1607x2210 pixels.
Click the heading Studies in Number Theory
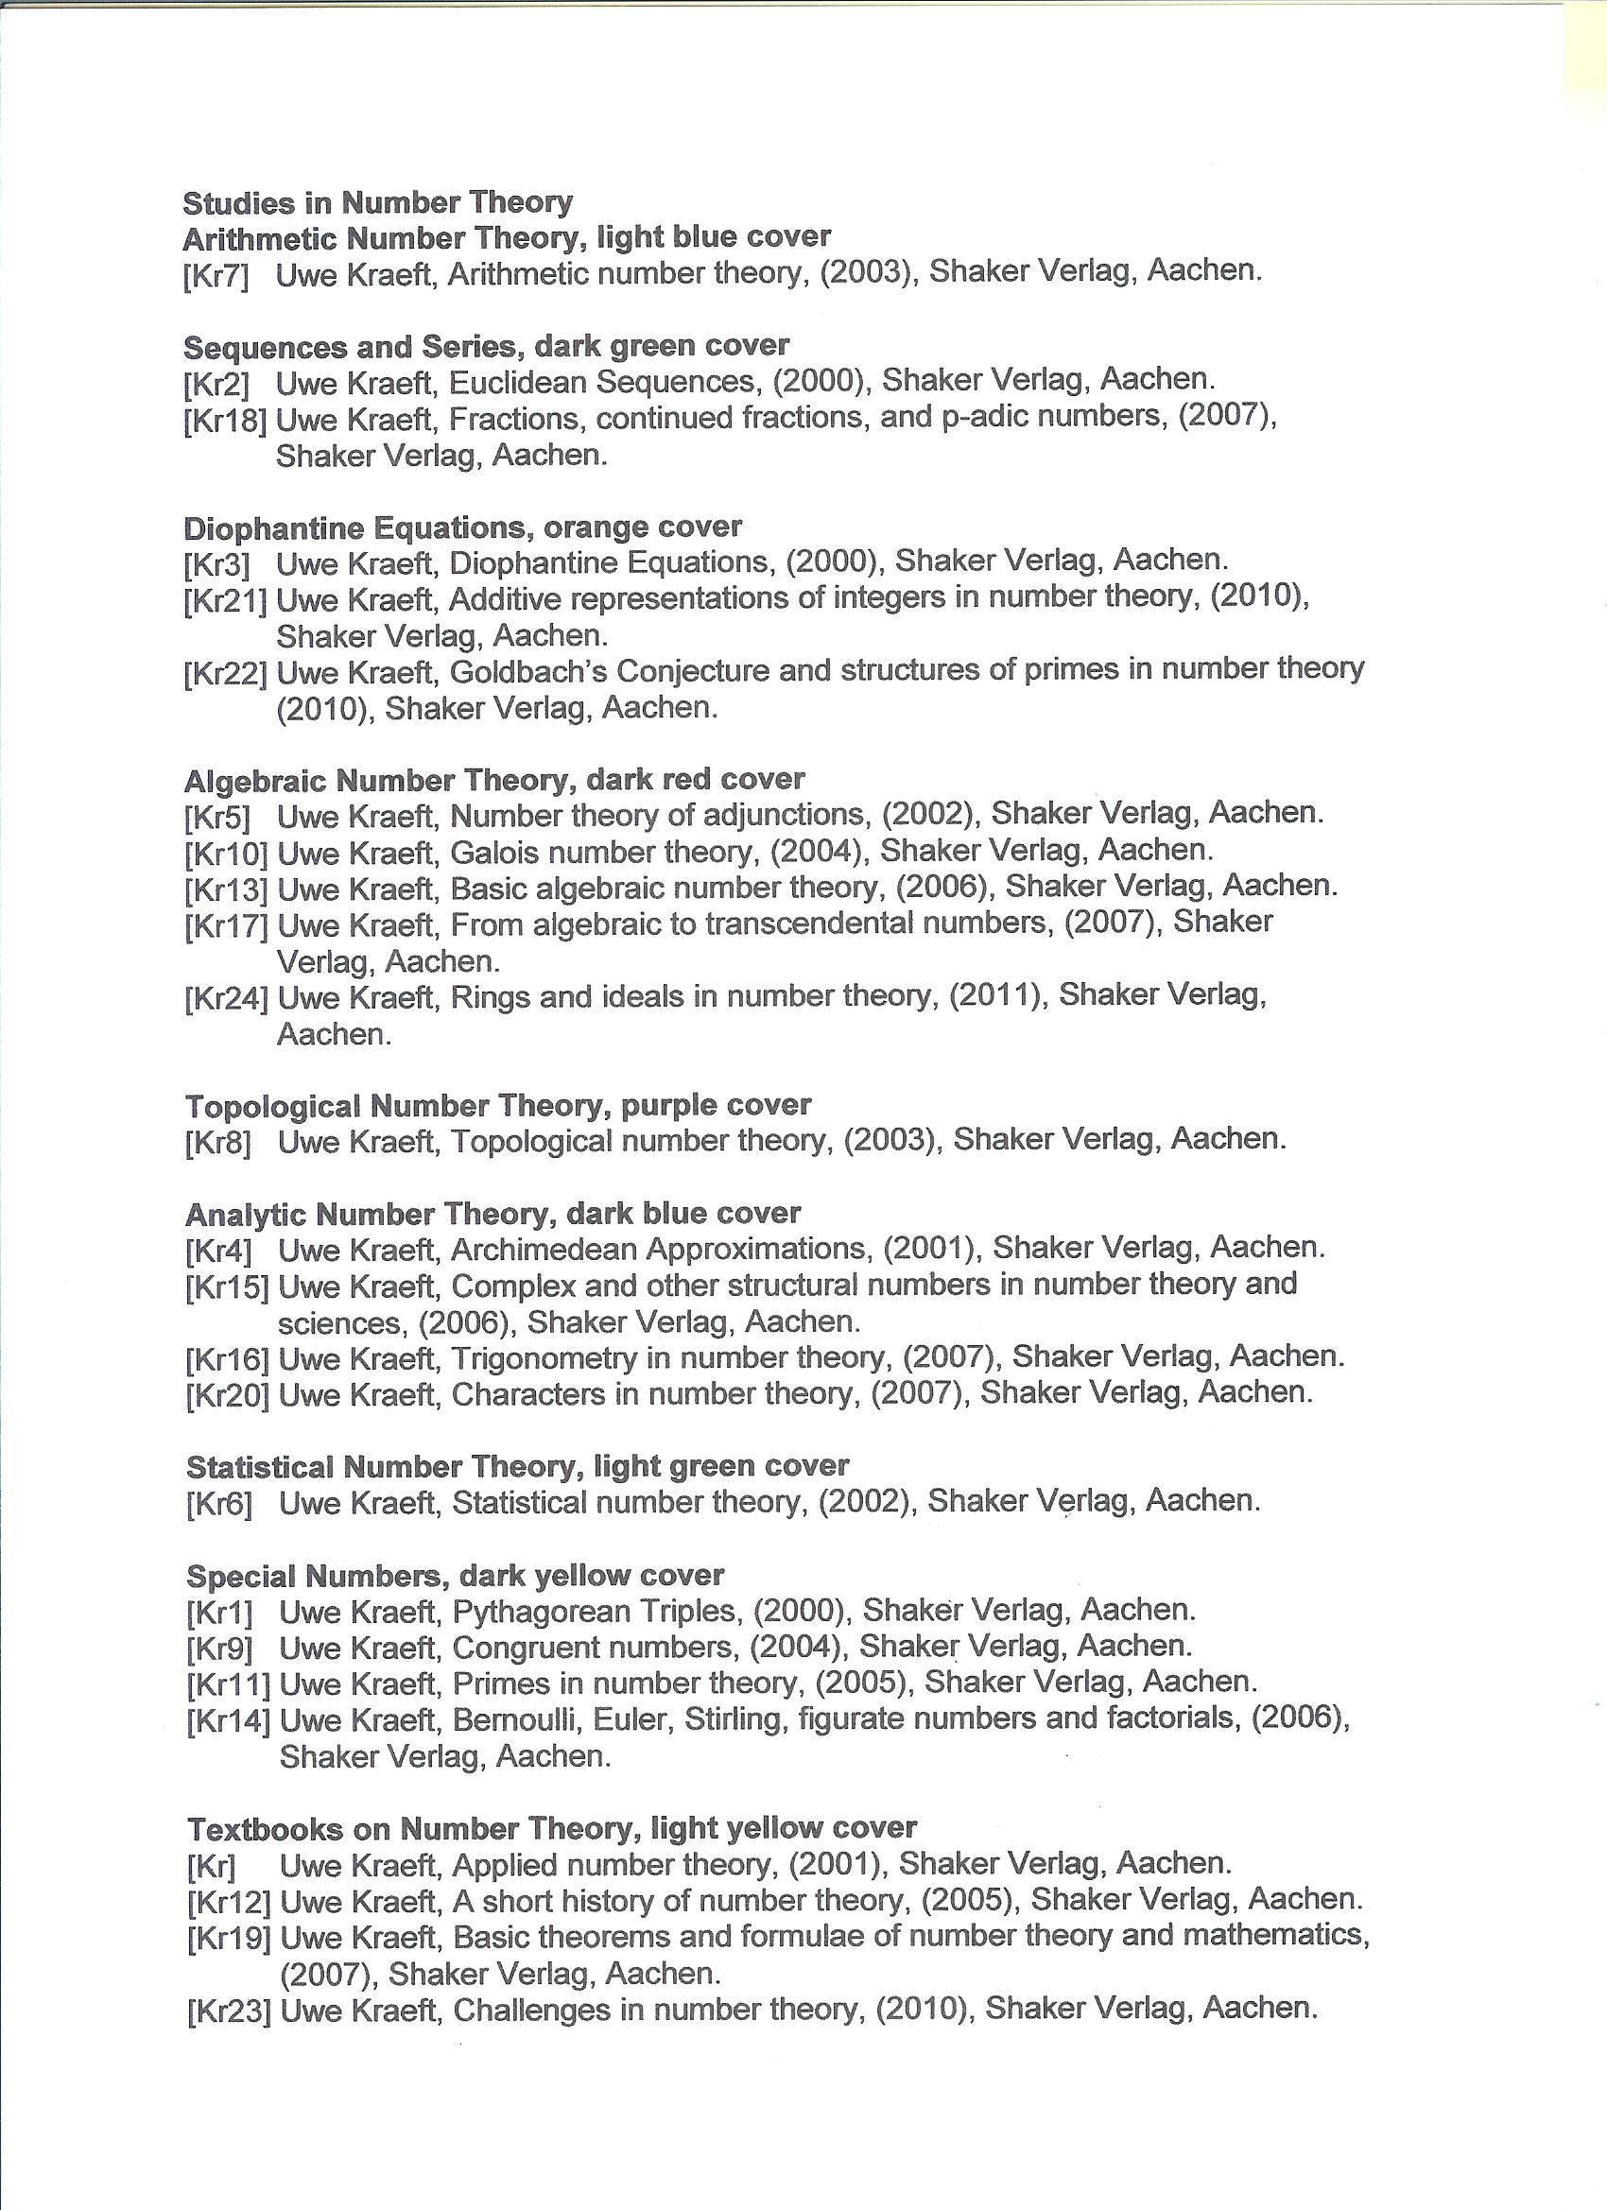click(377, 202)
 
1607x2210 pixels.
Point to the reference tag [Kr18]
click(224, 421)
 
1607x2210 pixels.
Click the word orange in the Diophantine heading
click(596, 527)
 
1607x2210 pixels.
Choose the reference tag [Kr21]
click(225, 600)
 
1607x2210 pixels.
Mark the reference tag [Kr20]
click(226, 1396)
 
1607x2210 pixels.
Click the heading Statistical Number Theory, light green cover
click(516, 1466)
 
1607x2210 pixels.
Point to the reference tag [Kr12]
click(227, 1902)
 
